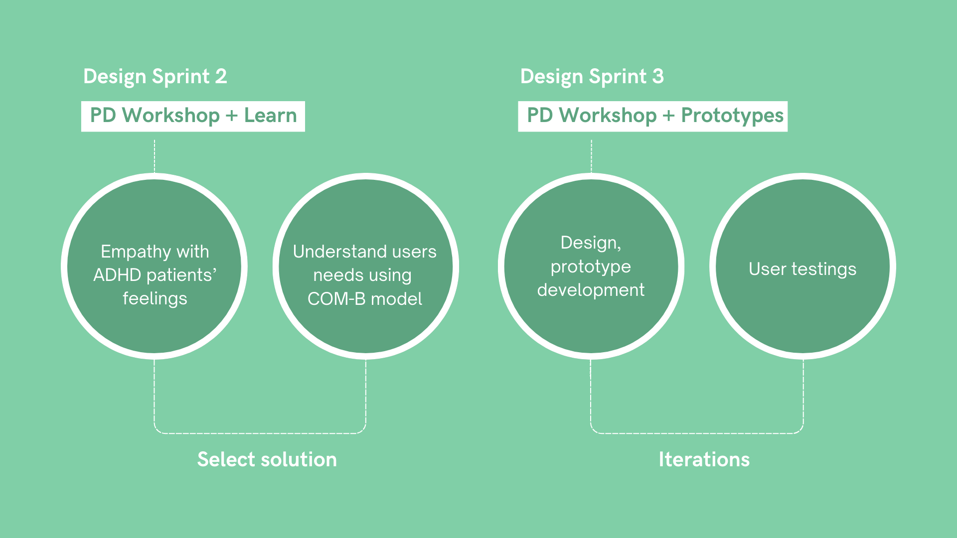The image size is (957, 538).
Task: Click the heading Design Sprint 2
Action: pos(155,77)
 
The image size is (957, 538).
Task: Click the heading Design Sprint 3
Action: pos(592,77)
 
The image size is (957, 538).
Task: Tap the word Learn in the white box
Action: pos(270,116)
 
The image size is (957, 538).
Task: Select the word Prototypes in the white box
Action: pos(732,116)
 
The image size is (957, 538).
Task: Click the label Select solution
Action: pos(267,459)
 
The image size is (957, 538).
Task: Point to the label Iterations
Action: pos(704,459)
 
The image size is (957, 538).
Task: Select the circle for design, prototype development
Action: pos(591,319)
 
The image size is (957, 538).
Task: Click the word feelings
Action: pos(155,298)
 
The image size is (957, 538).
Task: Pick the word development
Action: pos(591,290)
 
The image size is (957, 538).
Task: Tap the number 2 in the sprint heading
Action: pos(221,77)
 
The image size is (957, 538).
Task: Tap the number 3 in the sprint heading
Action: pos(658,77)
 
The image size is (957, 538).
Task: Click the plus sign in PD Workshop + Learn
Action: pos(231,116)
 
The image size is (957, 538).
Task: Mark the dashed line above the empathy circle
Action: pos(155,155)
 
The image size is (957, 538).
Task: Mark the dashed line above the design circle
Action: pos(591,155)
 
